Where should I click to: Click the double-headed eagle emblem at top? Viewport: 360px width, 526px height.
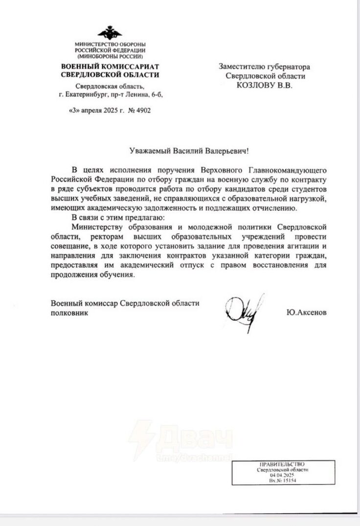click(109, 34)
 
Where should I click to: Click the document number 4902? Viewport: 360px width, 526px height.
click(142, 111)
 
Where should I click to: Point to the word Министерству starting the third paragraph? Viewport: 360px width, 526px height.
click(96, 227)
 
